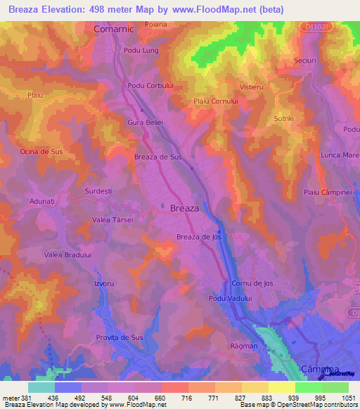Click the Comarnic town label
pos(113,30)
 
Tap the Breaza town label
pos(185,209)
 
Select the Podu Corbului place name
pos(149,85)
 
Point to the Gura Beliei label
pos(145,122)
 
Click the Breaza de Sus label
pos(158,157)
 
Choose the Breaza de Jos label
pos(199,237)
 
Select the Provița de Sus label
pos(119,337)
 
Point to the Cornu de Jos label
pos(252,283)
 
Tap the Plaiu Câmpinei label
pos(326,192)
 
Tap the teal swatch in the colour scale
pos(41,387)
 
